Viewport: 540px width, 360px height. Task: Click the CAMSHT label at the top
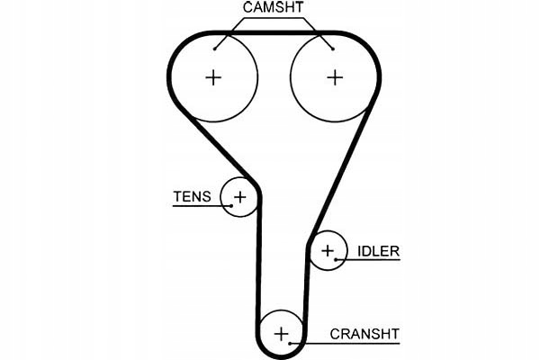coord(274,8)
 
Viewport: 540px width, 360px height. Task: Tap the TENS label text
coord(192,196)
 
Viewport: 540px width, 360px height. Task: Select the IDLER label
coord(378,251)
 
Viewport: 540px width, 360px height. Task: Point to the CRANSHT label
coord(364,334)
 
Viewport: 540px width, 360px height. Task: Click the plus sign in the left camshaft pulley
coord(213,77)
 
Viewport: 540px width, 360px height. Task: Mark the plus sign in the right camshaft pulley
coord(335,77)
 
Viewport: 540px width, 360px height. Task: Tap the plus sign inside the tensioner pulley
coord(240,195)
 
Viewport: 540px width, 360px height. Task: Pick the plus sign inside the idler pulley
coord(328,250)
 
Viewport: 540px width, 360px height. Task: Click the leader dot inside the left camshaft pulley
coord(215,47)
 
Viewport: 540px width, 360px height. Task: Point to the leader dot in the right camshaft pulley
coord(332,47)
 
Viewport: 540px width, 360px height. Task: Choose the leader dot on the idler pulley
coord(337,260)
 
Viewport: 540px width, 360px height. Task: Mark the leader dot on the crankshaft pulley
coord(292,343)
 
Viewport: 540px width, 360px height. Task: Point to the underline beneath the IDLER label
coord(368,260)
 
